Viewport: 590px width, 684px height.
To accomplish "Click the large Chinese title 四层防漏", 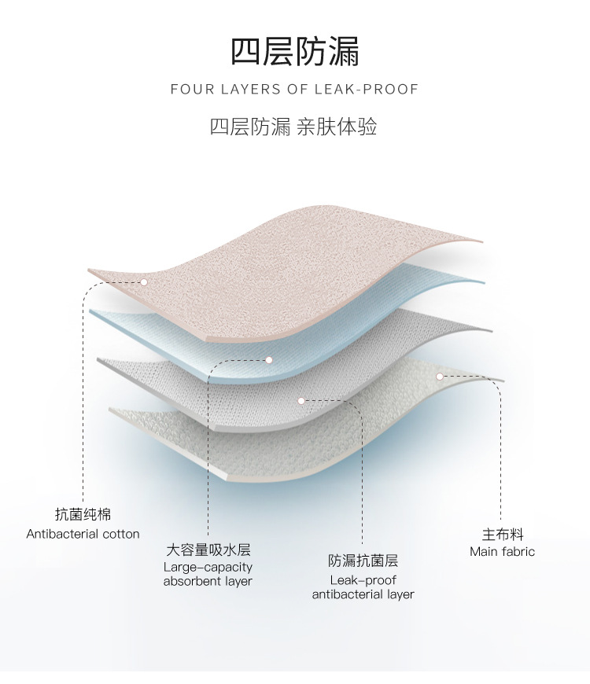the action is (x=295, y=51).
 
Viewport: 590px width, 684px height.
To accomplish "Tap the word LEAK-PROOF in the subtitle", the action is (x=367, y=89).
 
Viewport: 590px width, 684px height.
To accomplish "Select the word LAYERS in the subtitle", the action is (x=252, y=89).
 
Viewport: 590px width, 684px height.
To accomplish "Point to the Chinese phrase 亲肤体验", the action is (x=337, y=127).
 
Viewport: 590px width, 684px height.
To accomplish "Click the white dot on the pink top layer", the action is (x=144, y=281).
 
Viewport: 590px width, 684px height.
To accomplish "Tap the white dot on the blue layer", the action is (x=268, y=360).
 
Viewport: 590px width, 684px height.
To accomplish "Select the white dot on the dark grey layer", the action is (x=301, y=401).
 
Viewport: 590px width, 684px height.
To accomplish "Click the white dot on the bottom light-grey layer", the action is (x=441, y=377).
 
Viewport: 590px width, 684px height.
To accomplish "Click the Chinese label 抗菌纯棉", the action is (x=83, y=515).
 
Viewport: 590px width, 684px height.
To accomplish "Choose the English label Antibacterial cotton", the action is (x=83, y=534).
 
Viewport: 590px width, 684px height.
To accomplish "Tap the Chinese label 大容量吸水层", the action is (x=208, y=550).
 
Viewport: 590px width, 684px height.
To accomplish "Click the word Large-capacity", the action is (x=208, y=567).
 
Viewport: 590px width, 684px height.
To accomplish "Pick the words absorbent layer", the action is (x=208, y=582).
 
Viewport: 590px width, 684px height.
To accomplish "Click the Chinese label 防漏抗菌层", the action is (x=363, y=561).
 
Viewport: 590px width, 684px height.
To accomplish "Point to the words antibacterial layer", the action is (x=363, y=594).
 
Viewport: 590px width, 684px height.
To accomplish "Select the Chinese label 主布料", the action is (x=502, y=535).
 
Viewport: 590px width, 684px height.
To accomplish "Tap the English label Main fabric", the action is (x=502, y=552).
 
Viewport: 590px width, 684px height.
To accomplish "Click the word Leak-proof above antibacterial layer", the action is (x=363, y=580).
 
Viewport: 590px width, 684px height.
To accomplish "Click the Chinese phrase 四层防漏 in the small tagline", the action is (x=250, y=127).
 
